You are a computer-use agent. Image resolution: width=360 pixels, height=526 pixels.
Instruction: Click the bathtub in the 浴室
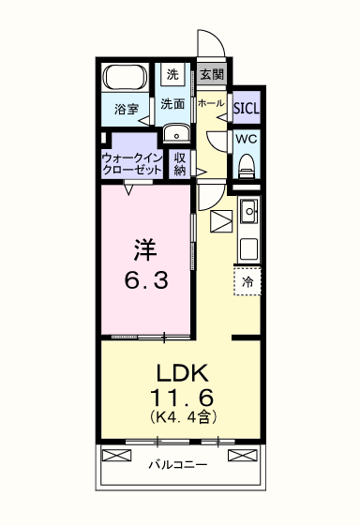pos(126,77)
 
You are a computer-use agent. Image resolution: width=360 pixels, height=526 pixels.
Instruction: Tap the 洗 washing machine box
pos(172,74)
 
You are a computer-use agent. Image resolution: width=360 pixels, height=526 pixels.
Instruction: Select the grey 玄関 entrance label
pos(212,74)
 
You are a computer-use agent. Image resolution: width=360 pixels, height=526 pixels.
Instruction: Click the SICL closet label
pos(247,109)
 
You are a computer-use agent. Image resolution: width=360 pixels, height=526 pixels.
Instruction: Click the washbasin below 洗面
pos(176,133)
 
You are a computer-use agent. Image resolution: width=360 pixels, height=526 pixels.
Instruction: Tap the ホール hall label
pos(211,103)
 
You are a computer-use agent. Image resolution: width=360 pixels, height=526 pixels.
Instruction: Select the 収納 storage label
pos(180,164)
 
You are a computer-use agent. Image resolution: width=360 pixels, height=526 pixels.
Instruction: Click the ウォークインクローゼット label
pos(132,164)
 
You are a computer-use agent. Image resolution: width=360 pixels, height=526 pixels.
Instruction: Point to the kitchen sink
pos(249,211)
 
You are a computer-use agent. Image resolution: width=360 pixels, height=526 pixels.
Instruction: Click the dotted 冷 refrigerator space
pos(247,281)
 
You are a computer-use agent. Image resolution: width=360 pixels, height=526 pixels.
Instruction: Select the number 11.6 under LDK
pos(182,398)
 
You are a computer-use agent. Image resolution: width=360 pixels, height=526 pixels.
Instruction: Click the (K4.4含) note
pos(182,416)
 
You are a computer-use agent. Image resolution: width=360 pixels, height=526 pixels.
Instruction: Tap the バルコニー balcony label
pos(178,465)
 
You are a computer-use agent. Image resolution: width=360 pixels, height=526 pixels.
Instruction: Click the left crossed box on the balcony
pos(116,456)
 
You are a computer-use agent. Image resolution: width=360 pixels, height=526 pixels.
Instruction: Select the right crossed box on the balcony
pos(243,456)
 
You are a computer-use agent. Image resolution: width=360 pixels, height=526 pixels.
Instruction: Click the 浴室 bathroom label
pos(127,110)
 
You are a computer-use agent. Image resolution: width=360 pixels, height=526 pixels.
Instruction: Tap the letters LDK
pos(183,372)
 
